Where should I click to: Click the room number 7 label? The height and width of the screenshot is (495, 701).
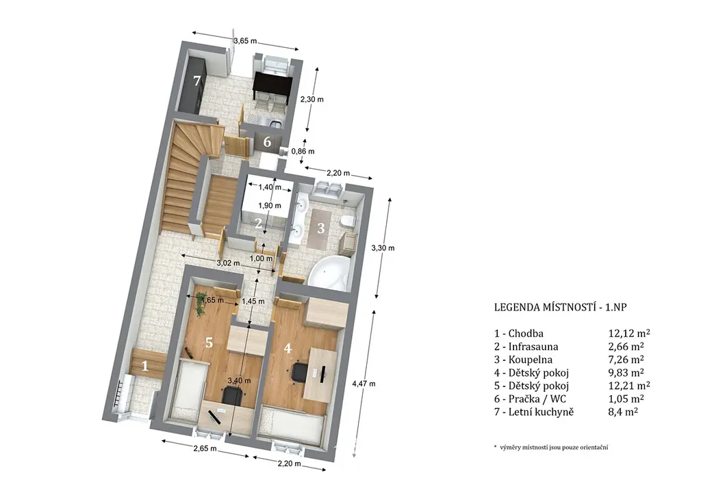coord(196,81)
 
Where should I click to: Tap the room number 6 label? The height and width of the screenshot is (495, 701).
coord(267,142)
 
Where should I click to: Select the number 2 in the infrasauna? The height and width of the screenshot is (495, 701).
coord(258,223)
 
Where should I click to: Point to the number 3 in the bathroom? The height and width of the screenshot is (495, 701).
coord(320,228)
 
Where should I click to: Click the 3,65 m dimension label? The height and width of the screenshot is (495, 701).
coord(246,41)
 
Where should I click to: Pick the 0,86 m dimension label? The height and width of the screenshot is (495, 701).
coord(303,151)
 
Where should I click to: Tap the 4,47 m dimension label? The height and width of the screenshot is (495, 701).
coord(364,384)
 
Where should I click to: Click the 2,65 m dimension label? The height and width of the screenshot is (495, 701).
coord(205,449)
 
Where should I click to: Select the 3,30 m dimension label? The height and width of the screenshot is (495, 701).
coord(383,247)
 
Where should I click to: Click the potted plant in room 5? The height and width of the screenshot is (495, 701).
coord(201,302)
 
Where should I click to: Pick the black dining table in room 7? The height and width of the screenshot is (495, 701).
coord(272,85)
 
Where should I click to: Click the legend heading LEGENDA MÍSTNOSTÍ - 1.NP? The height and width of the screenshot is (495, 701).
coord(561,307)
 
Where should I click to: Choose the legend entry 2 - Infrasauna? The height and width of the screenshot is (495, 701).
coord(526,347)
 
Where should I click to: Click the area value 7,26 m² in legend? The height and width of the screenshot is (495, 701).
coord(626,360)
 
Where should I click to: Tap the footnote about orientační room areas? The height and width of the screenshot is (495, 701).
coord(551,447)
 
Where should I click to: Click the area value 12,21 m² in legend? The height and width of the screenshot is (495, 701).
coord(629,385)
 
